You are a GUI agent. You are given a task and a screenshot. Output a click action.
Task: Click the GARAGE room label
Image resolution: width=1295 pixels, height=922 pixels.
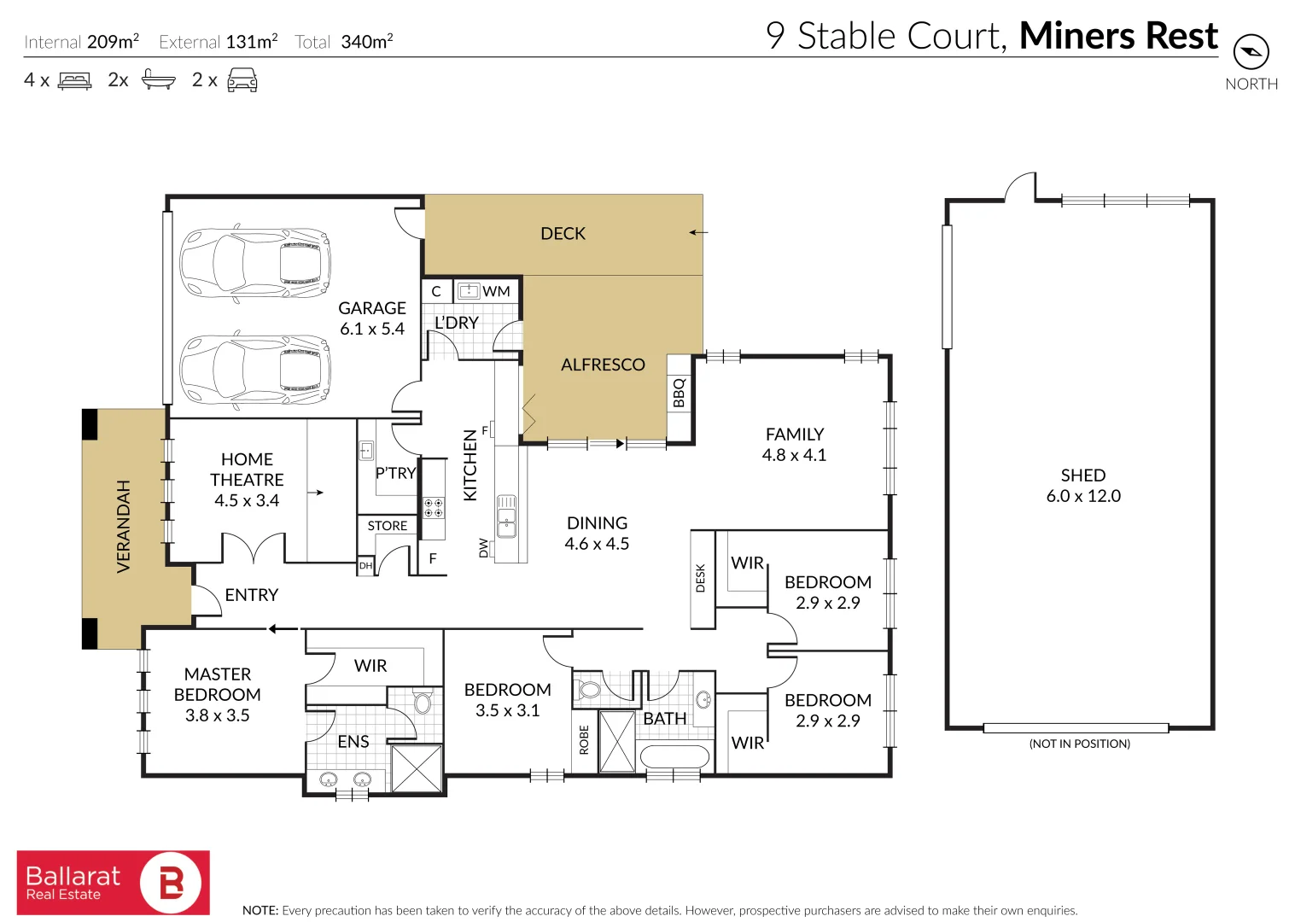[x=372, y=308]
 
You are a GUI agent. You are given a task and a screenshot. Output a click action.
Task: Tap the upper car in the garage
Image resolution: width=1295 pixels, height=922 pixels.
[x=254, y=262]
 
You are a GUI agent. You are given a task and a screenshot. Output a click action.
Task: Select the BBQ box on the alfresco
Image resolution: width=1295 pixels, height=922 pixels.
[x=679, y=393]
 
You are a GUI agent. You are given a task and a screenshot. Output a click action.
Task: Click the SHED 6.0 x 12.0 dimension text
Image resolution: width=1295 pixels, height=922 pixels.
[x=1082, y=496]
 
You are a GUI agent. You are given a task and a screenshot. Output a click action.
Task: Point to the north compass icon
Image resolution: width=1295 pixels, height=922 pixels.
[x=1251, y=53]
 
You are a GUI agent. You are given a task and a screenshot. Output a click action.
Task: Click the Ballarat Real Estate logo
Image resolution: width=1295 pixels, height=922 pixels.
[x=114, y=883]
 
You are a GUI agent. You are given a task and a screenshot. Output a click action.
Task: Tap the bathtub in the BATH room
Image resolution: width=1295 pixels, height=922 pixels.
[x=674, y=758]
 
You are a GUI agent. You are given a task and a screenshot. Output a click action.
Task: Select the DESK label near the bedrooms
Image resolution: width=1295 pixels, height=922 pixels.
[x=701, y=578]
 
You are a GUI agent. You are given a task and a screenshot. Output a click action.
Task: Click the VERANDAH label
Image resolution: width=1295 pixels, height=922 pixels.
[x=124, y=526]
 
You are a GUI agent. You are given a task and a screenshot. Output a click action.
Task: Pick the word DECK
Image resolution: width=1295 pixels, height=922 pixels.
[x=563, y=234]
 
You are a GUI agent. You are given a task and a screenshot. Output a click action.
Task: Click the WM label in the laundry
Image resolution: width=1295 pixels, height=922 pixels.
[x=496, y=292]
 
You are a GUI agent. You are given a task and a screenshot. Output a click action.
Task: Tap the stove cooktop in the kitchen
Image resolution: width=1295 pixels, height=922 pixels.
[x=434, y=507]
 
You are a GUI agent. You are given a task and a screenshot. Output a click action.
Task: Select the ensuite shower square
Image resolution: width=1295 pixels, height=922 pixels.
[x=417, y=768]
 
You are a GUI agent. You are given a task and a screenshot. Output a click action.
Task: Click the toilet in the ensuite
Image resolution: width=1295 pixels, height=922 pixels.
[x=423, y=703]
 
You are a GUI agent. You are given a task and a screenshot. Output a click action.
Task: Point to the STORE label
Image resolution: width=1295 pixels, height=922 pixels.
[x=387, y=526]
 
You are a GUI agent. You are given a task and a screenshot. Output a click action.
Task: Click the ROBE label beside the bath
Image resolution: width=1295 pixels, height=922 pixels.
[x=584, y=739]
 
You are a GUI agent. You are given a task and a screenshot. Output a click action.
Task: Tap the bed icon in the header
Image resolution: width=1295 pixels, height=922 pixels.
[x=74, y=81]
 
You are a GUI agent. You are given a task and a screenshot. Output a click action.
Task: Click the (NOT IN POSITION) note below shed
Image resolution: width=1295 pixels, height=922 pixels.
[x=1079, y=744]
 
